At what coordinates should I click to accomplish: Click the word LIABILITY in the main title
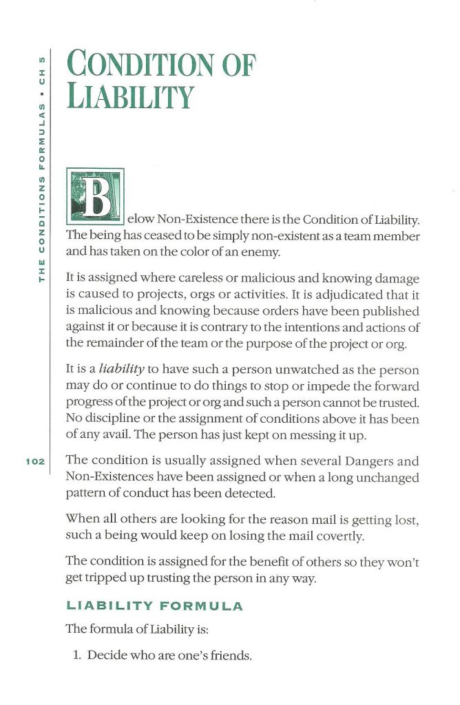click(x=128, y=97)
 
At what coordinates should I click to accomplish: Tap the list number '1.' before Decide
click(x=78, y=655)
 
